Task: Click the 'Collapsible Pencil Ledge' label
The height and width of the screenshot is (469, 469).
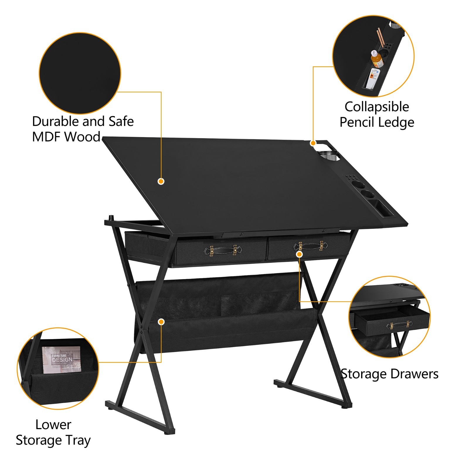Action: tap(377, 114)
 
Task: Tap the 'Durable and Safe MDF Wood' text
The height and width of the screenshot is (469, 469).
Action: tap(83, 129)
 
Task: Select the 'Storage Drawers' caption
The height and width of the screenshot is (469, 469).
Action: tap(390, 374)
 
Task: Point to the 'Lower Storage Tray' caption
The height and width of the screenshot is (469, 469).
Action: tap(53, 432)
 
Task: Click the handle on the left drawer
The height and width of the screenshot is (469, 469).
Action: tap(222, 250)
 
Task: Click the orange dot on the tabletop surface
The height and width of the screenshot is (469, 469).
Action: tap(161, 181)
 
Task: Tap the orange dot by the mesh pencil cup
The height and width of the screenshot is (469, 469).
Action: tap(313, 143)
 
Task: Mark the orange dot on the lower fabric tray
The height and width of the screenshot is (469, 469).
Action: tap(161, 322)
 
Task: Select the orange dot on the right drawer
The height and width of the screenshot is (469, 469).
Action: tap(299, 254)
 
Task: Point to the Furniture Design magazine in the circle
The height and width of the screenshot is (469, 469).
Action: tap(61, 360)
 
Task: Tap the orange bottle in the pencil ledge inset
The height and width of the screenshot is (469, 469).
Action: tap(377, 60)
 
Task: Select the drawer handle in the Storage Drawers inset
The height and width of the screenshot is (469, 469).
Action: tap(398, 325)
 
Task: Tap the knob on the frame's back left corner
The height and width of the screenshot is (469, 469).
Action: tap(111, 218)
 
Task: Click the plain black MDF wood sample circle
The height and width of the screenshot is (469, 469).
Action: tap(80, 73)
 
